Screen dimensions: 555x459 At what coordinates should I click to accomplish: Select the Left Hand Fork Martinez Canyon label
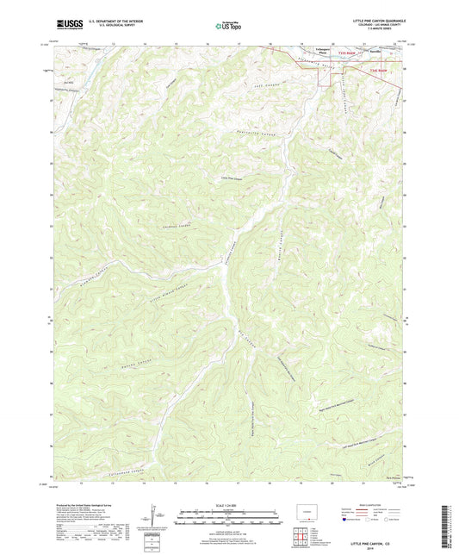point(352,446)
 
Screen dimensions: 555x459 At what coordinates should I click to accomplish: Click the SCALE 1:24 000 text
point(228,504)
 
